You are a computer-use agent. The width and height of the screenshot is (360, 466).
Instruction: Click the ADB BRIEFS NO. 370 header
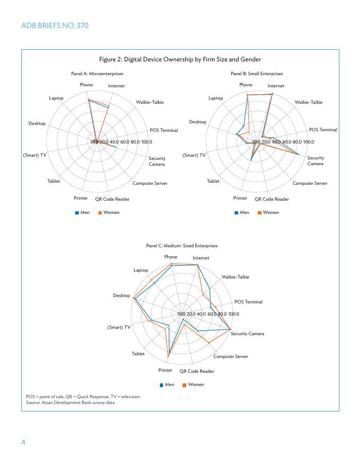[x=55, y=25]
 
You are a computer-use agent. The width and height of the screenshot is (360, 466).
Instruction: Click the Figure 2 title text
[x=180, y=59]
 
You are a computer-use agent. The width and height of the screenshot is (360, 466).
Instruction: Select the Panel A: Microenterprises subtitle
[x=97, y=74]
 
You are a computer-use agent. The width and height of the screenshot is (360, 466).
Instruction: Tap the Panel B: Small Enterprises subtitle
[x=257, y=74]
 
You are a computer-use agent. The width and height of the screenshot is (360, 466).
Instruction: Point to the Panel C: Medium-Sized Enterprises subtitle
[x=182, y=246]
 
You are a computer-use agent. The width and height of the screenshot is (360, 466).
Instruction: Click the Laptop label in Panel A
[x=56, y=98]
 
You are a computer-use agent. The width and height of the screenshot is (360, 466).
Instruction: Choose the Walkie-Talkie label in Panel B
[x=308, y=102]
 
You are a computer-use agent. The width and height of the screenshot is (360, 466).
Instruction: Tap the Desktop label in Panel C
[x=121, y=295]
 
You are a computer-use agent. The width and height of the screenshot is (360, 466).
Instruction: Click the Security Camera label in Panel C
[x=247, y=334]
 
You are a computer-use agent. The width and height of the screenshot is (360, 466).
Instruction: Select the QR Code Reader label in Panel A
[x=112, y=199]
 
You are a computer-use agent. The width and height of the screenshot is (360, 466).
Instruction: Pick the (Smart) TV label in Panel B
[x=194, y=155]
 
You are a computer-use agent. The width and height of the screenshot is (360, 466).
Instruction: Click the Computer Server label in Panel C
[x=230, y=356]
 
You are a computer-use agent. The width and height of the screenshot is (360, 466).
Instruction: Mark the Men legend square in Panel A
[x=77, y=213]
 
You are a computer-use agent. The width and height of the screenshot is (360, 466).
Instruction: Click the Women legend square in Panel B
[x=259, y=213]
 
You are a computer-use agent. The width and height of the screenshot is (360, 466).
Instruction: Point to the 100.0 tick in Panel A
[x=146, y=142]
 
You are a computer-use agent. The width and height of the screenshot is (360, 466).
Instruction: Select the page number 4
[x=23, y=442]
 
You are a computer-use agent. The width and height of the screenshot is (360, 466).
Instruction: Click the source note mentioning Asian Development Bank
[x=70, y=402]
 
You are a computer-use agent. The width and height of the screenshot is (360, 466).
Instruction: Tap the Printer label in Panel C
[x=165, y=370]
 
